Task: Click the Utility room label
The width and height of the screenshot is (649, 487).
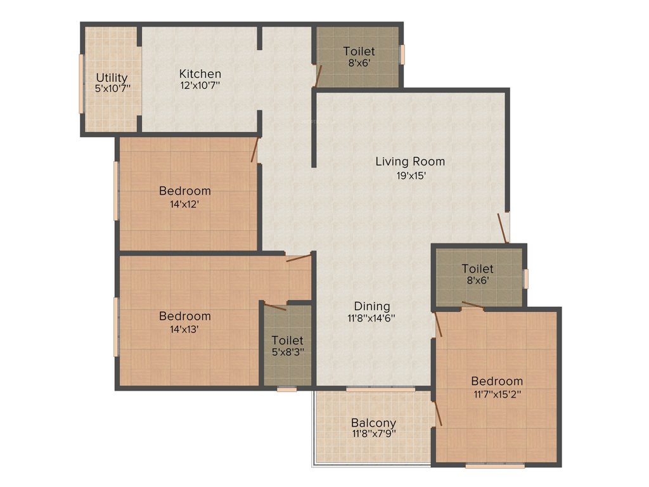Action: (x=112, y=78)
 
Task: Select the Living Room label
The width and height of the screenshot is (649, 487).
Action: (x=410, y=161)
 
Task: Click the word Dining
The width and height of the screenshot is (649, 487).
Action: (x=372, y=306)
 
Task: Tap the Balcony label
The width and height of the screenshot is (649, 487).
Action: (x=373, y=422)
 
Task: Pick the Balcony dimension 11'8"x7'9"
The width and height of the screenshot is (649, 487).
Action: (x=373, y=434)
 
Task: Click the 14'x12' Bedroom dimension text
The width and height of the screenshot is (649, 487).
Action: (x=184, y=204)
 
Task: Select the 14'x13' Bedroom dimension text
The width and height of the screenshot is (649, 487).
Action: (x=184, y=329)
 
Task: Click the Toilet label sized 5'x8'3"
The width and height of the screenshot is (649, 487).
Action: (x=288, y=341)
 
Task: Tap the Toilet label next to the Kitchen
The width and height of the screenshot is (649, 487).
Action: (x=359, y=51)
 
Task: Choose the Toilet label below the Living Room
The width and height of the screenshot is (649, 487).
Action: (x=477, y=269)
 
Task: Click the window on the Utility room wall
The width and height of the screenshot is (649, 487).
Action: (x=81, y=83)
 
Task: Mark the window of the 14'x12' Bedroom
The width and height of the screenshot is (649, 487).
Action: (x=116, y=190)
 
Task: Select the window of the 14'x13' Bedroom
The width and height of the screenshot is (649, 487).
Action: (x=116, y=326)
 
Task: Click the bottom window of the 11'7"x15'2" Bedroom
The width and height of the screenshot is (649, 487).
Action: (x=494, y=466)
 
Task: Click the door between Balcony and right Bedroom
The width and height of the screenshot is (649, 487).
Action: (x=437, y=412)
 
